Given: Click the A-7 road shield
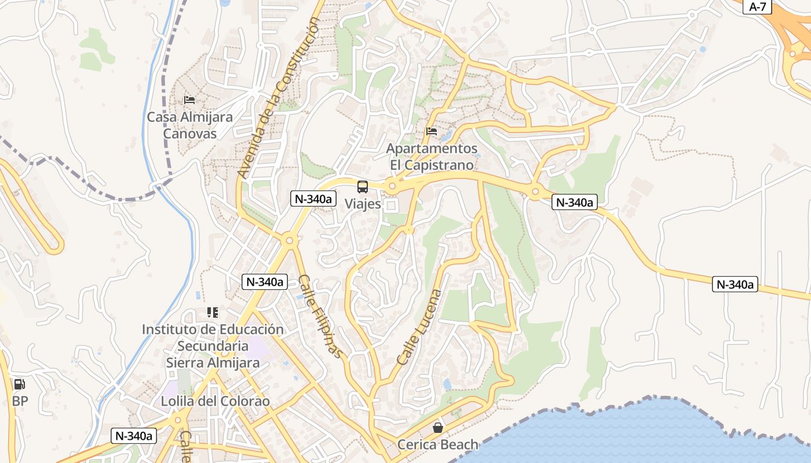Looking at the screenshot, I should coord(758,7).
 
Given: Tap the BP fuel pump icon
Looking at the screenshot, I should coord(19,384).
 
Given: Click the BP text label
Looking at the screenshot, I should coord(20,400).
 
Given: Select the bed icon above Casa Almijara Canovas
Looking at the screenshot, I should coord(189,100).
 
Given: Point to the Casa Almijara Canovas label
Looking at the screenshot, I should coord(189,125).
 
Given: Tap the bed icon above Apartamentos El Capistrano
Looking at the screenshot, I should coord(432,131).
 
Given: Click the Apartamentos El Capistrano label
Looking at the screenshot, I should coord(432,157).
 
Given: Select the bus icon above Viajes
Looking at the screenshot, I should coord(363,187).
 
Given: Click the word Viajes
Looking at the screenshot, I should coord(363,204).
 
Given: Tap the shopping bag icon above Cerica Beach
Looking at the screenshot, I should coord(438,428).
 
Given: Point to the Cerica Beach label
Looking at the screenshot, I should coord(438,444).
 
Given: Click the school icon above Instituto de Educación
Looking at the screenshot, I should coord(213,313).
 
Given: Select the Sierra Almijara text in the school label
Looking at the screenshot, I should coord(213,363).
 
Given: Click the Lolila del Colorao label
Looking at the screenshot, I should coord(215,401).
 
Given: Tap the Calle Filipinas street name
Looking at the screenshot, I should coord(320,316).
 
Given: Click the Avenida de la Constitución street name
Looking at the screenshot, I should coord(278,97).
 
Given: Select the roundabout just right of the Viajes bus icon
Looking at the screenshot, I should coord(392,186).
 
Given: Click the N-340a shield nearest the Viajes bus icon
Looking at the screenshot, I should coord(313,199).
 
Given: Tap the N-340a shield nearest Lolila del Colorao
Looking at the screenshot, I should coord(134,436).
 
